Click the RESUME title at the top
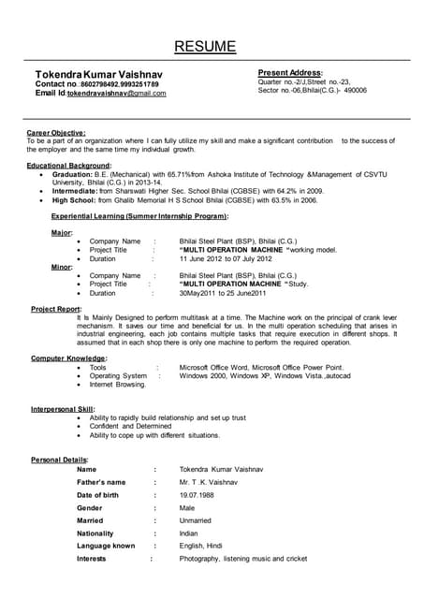tap(212, 46)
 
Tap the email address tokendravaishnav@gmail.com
tap(116, 94)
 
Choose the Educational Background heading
tap(70, 165)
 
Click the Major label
tap(61, 232)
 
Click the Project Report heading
tap(55, 308)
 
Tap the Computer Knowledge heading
tap(68, 358)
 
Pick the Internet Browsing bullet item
tap(118, 384)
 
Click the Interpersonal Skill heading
tap(63, 409)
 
